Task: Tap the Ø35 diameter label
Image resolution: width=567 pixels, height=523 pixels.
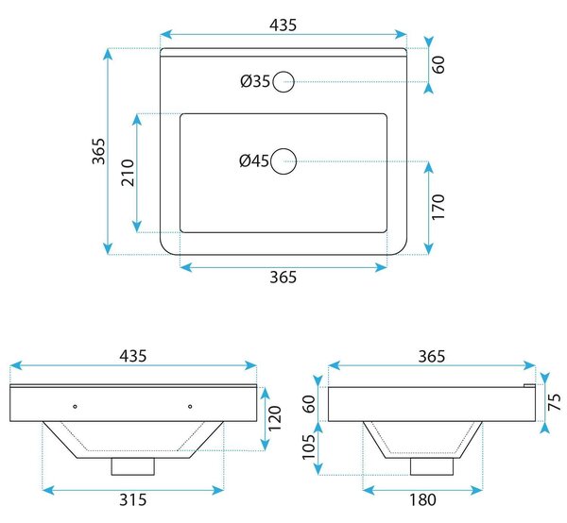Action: click(x=255, y=81)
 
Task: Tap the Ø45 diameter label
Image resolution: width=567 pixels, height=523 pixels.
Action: click(x=254, y=160)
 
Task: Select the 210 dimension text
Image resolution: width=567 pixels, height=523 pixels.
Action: click(x=128, y=173)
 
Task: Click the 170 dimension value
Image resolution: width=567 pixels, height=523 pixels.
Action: click(x=438, y=207)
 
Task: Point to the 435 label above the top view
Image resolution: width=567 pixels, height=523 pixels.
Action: click(x=283, y=25)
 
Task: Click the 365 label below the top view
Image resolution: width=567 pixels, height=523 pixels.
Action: click(x=283, y=278)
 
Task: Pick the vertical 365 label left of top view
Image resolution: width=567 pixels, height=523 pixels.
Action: click(x=98, y=151)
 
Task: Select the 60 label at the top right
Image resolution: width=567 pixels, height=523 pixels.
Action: click(x=438, y=64)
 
